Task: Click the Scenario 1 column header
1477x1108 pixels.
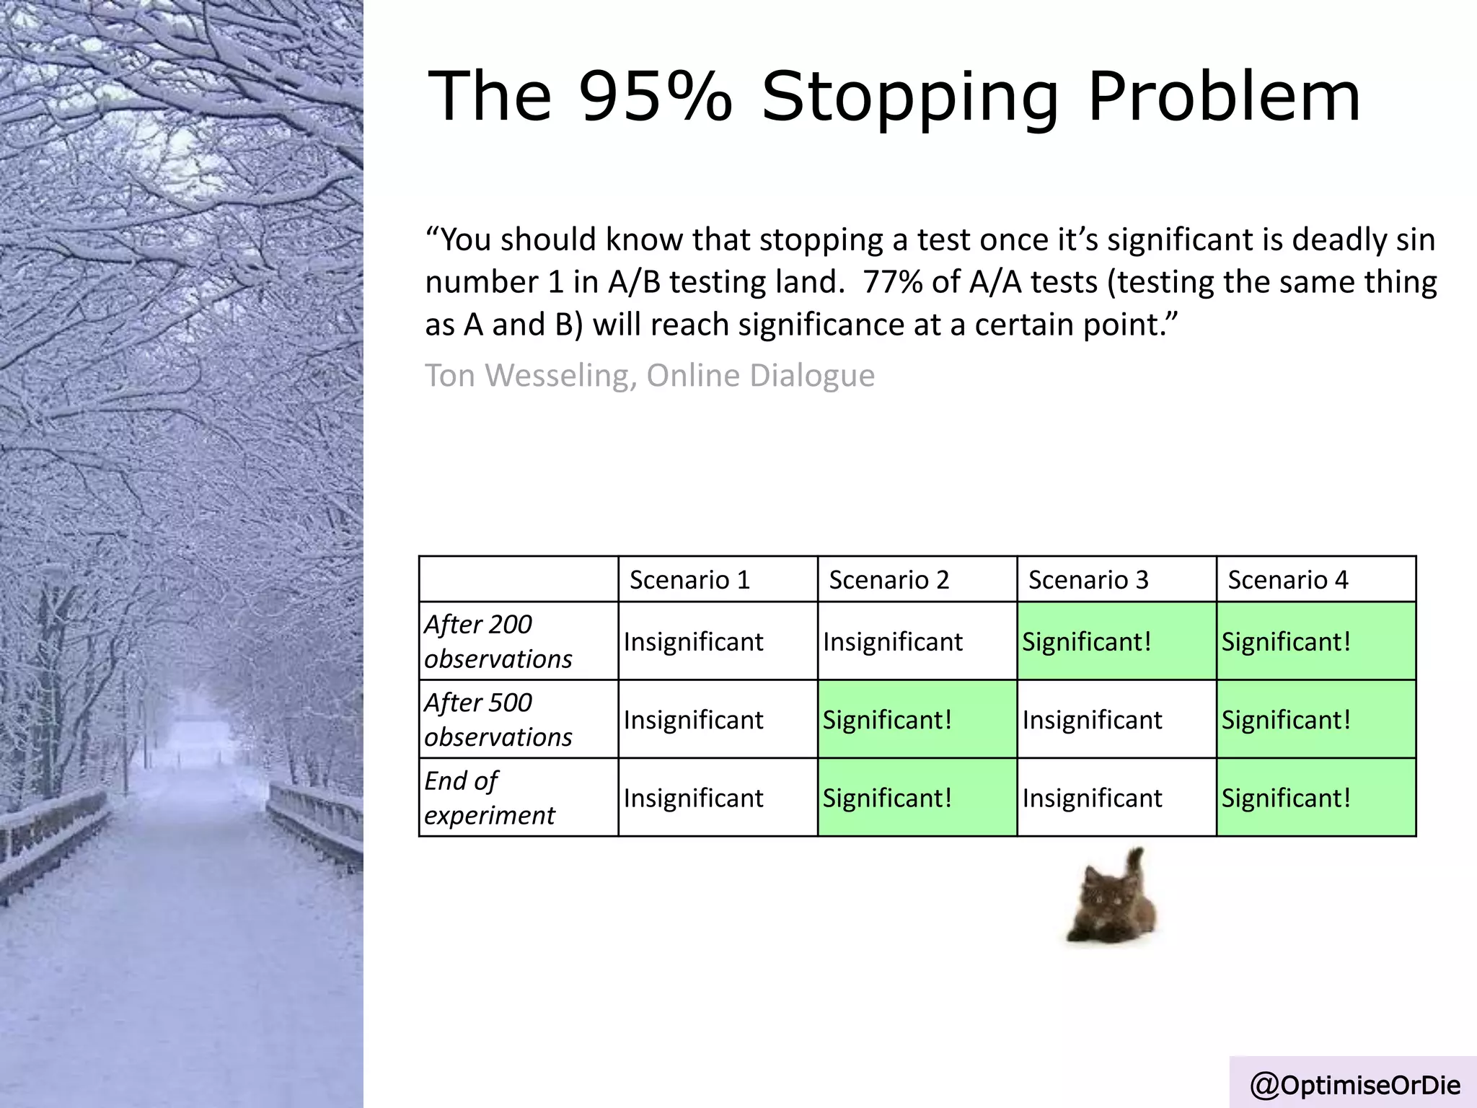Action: [689, 580]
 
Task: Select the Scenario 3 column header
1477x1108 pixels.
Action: [1088, 580]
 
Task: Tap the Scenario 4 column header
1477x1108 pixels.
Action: [1287, 580]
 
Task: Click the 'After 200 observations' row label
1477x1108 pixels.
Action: [498, 641]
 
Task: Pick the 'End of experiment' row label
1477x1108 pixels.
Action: [490, 798]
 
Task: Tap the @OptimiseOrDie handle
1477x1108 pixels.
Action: [1355, 1085]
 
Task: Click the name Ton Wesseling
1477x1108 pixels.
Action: [531, 375]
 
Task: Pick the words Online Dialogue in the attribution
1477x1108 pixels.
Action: [760, 375]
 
